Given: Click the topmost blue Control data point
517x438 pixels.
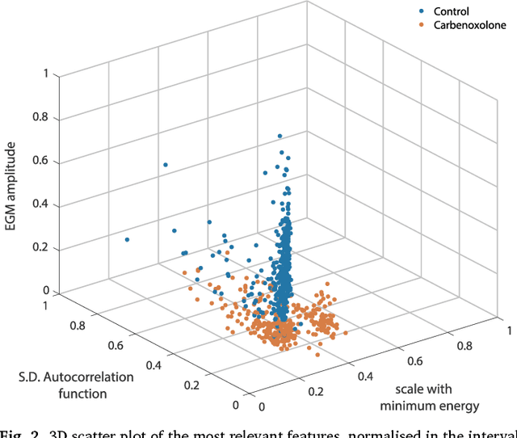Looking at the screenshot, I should (x=280, y=136).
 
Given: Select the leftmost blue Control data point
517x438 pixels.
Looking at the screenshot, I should (x=127, y=240).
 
